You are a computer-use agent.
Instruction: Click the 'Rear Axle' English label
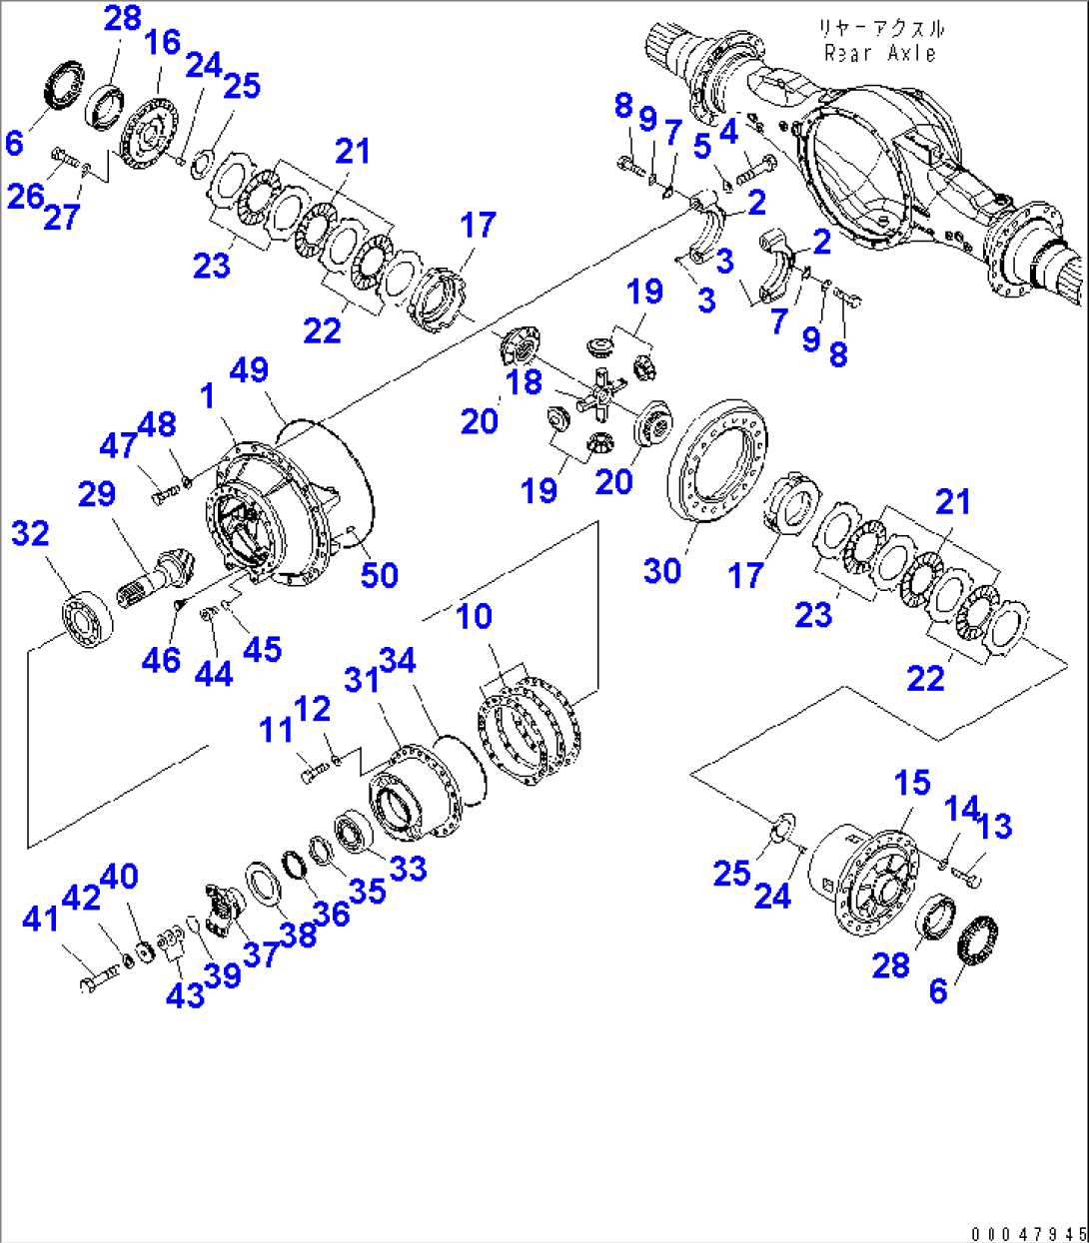880,53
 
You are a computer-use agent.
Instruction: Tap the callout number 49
249,369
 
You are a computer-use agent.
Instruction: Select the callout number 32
30,533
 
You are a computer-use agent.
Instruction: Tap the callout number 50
379,575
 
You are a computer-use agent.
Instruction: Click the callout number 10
474,616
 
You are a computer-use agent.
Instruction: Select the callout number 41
41,919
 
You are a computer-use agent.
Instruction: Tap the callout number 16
162,42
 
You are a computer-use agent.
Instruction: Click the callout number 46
161,659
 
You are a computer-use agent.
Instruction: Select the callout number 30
662,570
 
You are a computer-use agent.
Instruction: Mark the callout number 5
702,147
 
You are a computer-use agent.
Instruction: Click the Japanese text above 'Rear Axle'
880,28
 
